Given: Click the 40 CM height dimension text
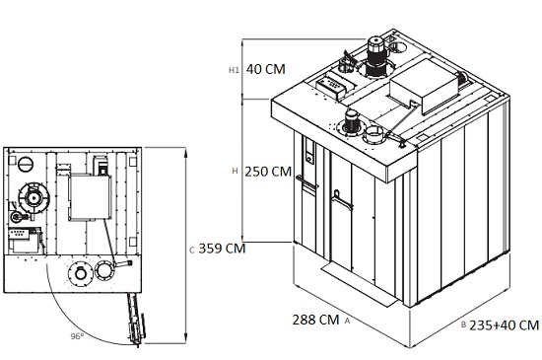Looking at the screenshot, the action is click(x=265, y=69).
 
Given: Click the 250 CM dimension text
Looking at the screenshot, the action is click(x=268, y=172).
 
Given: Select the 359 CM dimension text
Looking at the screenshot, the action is click(x=222, y=249).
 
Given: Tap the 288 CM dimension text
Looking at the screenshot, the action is click(x=315, y=320).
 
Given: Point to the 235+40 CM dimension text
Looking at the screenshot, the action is click(x=504, y=325).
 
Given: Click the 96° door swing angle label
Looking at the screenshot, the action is click(x=77, y=336).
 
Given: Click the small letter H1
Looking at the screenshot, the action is click(x=234, y=70).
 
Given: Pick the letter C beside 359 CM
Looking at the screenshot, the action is click(x=192, y=251).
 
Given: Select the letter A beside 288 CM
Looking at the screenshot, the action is click(x=348, y=321).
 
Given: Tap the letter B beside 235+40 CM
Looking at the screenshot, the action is click(x=464, y=325).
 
